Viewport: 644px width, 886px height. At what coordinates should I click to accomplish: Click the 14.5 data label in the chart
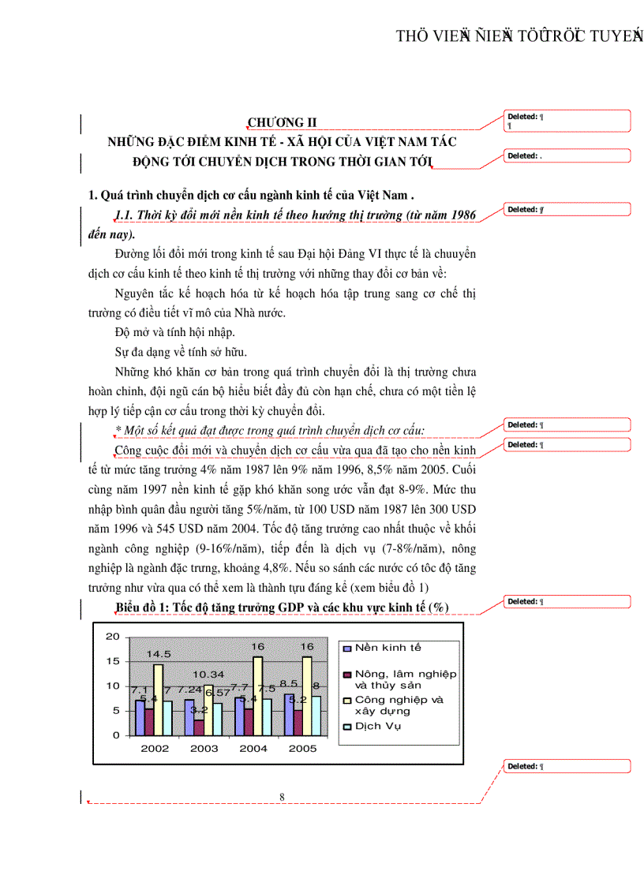[x=158, y=654]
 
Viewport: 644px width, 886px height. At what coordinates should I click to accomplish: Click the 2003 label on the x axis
[x=204, y=748]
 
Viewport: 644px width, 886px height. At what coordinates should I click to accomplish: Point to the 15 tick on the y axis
[x=112, y=661]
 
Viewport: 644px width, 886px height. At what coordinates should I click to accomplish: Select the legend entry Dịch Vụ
[x=377, y=726]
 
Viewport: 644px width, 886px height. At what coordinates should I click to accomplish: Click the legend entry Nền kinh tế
[x=387, y=648]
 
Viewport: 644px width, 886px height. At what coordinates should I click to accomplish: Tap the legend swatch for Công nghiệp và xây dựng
[x=346, y=701]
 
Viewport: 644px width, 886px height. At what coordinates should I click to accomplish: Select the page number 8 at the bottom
[x=282, y=797]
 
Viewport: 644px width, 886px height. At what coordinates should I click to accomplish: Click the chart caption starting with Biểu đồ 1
[x=282, y=606]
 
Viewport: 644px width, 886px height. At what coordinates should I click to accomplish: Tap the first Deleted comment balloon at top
[x=567, y=120]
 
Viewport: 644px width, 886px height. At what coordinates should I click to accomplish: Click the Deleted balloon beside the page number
[x=567, y=766]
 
